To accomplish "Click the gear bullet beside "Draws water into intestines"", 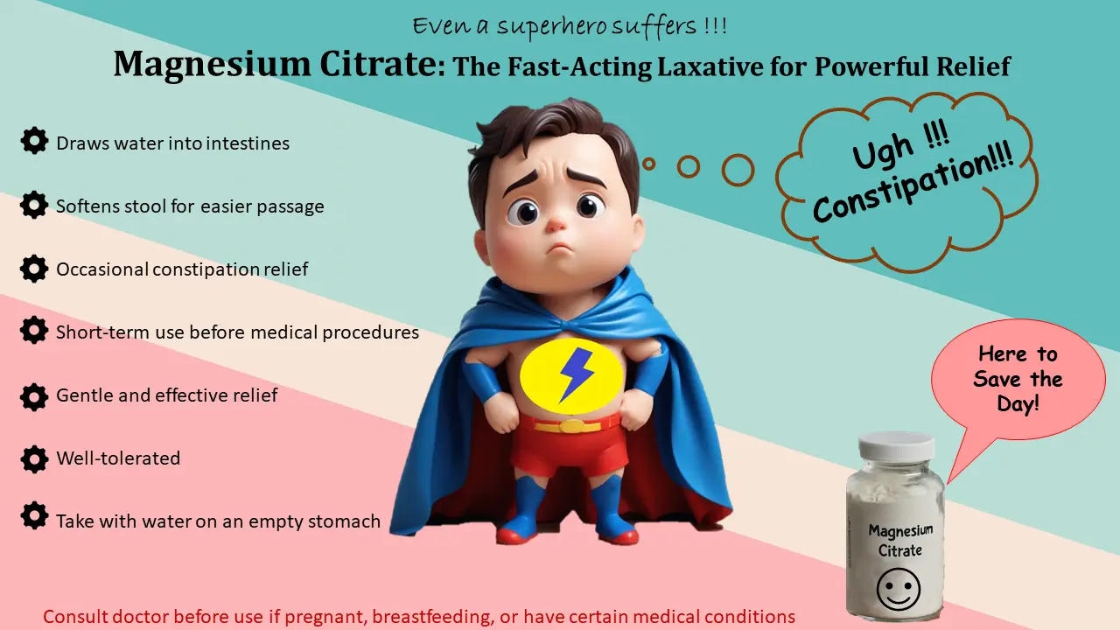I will (x=34, y=141).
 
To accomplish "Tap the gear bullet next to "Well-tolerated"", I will (x=34, y=458).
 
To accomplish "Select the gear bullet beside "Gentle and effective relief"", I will (x=34, y=395).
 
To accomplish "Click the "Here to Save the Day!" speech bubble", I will (x=1017, y=379).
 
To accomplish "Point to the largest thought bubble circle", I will (x=738, y=170).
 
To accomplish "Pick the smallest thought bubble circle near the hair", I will (x=648, y=163).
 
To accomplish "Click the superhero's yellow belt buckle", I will (x=573, y=426).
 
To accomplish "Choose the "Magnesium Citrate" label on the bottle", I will (x=900, y=540).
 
